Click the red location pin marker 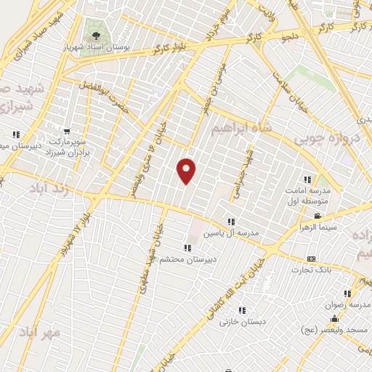coord(187,170)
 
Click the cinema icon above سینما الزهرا coord(317,217)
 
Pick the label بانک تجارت coord(312,270)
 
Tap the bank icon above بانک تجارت coord(312,259)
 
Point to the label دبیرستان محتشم coord(190,259)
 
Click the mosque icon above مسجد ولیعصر coord(333,318)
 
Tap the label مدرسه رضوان coord(351,305)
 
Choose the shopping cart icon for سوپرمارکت coord(66,132)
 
